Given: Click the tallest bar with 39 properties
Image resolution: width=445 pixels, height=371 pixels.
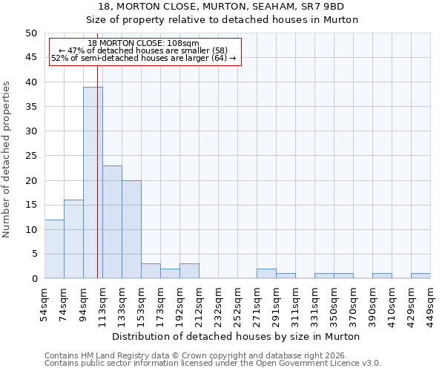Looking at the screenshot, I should (x=93, y=183).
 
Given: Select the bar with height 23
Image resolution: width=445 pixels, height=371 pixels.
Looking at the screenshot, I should (x=112, y=222).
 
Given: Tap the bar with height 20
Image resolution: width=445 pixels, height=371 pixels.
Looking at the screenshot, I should (x=131, y=229).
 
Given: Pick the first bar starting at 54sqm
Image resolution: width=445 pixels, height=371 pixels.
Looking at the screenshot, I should (x=54, y=249).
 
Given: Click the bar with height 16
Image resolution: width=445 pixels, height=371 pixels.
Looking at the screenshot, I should (x=73, y=239).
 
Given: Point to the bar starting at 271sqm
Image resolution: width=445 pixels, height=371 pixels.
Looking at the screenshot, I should (x=266, y=274).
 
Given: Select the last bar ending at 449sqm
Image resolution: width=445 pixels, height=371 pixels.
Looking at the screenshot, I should (x=421, y=276).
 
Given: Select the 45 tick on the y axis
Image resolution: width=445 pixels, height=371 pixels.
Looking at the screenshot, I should (x=31, y=57).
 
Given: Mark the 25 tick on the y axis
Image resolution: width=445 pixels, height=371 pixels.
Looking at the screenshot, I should (x=31, y=156).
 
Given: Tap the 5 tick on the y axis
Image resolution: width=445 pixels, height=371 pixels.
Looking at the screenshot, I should (x=34, y=254).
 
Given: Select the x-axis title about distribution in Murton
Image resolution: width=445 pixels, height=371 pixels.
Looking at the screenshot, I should (x=237, y=336).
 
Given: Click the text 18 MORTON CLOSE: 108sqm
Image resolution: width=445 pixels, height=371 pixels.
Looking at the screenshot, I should (x=143, y=44).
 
